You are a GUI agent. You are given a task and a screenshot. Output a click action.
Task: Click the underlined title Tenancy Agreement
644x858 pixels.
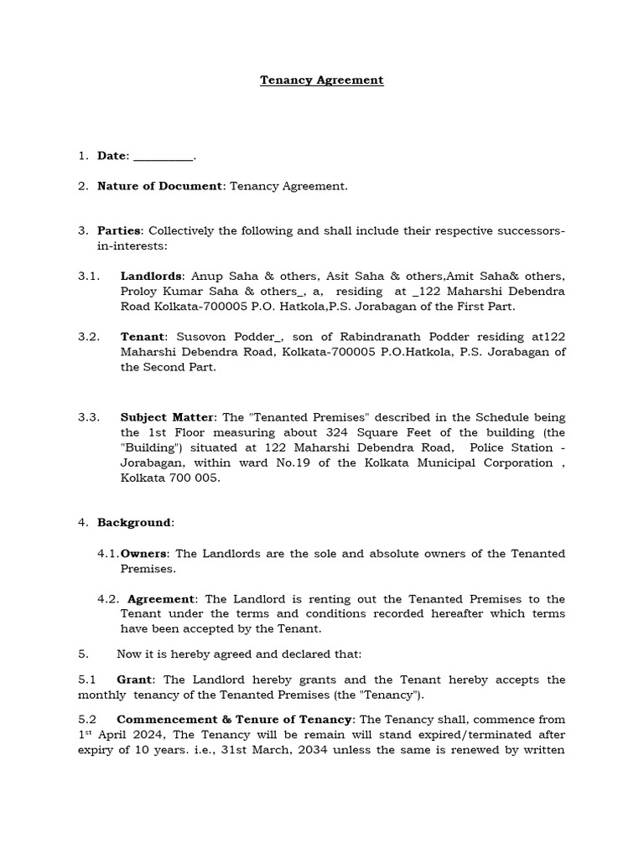[321, 80]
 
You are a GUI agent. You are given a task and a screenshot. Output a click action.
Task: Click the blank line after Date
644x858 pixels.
[163, 156]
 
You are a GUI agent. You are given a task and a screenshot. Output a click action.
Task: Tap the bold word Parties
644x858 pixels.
[120, 230]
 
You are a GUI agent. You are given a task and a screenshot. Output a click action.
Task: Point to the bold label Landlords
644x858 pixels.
[151, 276]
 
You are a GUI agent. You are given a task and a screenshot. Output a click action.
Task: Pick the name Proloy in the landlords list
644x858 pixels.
[139, 291]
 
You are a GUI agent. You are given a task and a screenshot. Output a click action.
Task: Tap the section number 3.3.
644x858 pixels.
[89, 417]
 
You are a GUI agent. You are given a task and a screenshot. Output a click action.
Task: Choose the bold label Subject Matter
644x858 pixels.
[169, 417]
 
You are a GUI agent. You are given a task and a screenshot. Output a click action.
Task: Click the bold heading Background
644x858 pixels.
[133, 523]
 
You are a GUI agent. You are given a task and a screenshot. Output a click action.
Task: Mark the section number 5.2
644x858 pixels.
[87, 720]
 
